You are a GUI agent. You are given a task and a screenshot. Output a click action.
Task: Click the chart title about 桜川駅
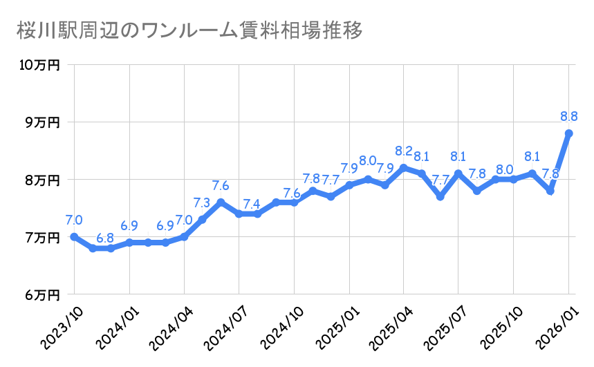187,31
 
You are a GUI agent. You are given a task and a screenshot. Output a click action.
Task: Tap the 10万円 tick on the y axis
39,65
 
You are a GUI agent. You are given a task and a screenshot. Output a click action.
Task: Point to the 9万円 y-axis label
42,122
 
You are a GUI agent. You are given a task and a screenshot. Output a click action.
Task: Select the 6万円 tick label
42,295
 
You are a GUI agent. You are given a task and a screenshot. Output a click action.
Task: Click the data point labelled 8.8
568,133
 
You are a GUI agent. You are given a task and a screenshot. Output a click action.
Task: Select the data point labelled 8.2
404,168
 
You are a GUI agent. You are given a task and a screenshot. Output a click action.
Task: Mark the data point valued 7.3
202,220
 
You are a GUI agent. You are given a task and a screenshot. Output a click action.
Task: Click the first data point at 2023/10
74,237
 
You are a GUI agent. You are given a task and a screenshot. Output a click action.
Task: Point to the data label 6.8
105,237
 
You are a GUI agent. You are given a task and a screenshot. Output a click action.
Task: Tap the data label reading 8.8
568,116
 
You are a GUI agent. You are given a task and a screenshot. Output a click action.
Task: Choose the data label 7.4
252,204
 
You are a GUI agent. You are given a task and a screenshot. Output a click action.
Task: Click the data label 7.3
202,203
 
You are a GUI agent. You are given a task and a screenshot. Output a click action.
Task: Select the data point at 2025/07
458,173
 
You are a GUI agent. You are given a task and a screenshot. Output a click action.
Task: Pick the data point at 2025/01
349,185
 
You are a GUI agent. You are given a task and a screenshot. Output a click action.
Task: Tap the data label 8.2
404,151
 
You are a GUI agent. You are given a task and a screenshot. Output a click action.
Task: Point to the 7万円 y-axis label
42,238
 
